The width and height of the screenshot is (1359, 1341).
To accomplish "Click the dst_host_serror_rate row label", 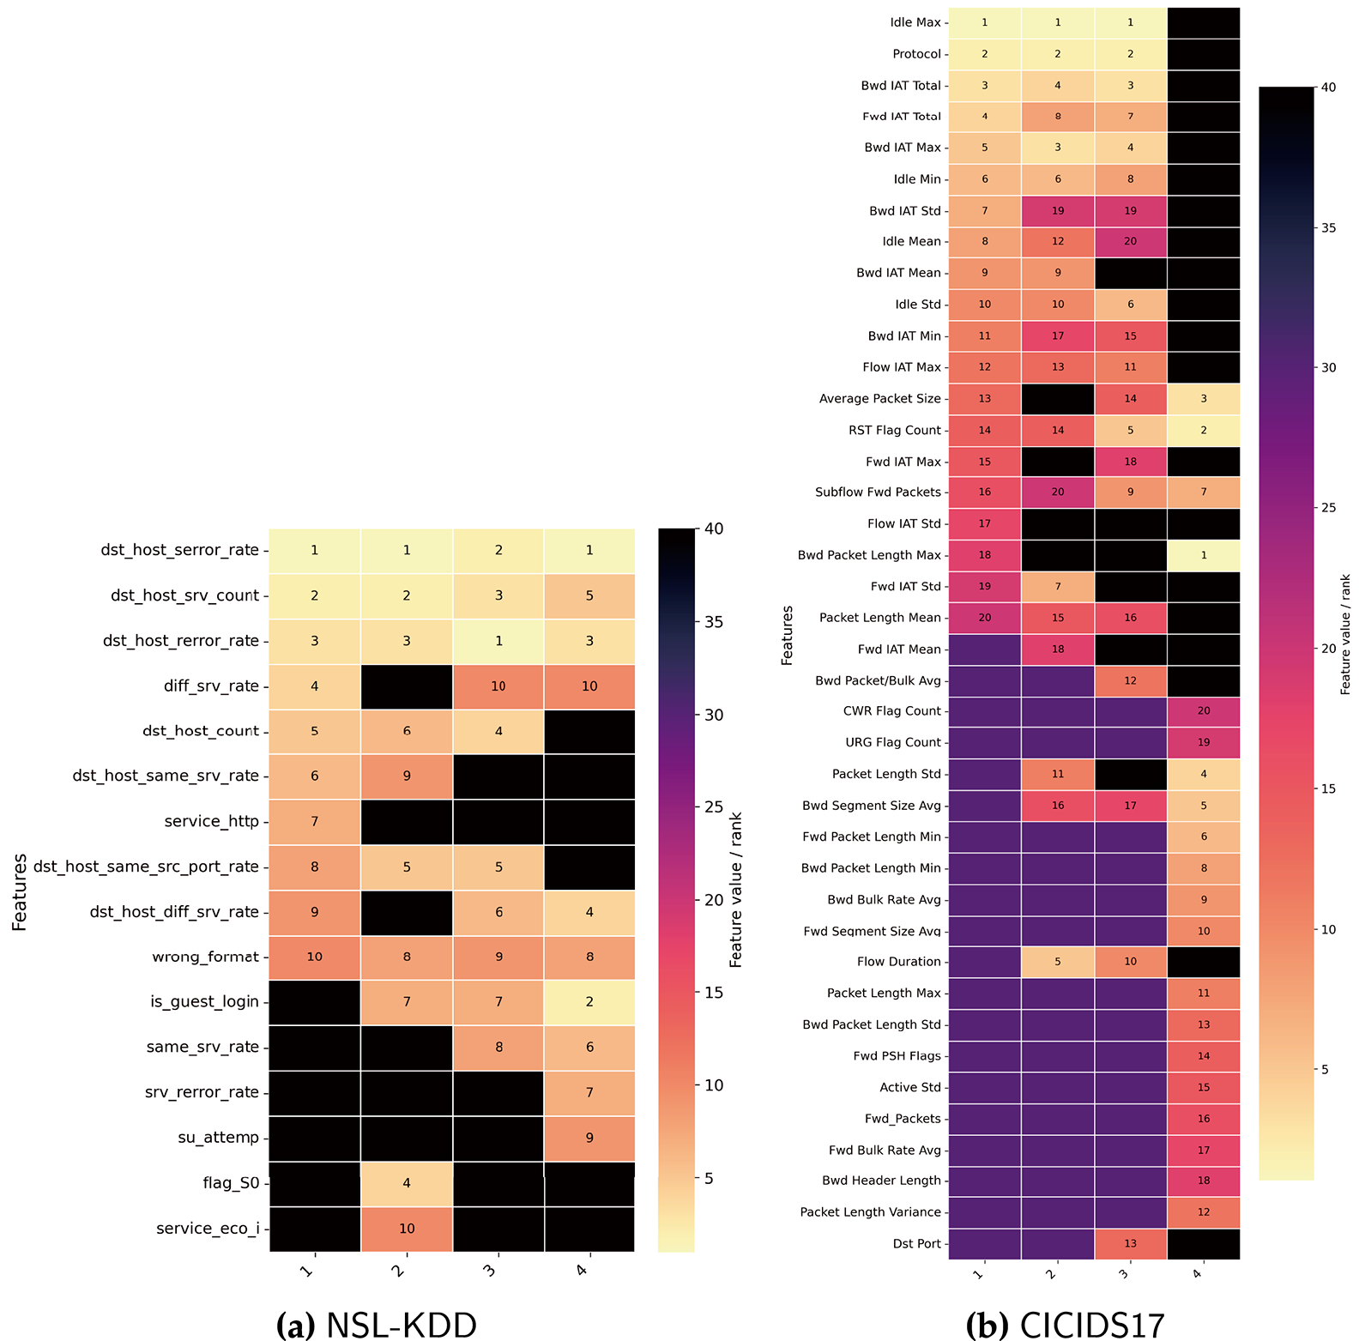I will coord(179,550).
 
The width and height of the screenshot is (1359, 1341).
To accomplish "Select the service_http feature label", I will coord(211,821).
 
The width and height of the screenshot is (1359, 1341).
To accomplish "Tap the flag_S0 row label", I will coord(231,1183).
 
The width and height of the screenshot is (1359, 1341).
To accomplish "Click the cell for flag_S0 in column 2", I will coord(407,1183).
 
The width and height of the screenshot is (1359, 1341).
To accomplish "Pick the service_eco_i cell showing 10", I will coord(407,1229).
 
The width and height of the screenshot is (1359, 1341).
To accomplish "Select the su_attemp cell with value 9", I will coord(589,1138).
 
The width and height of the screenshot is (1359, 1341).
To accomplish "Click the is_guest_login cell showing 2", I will coord(589,1002).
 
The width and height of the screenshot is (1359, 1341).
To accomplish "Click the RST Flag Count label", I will coord(894,430).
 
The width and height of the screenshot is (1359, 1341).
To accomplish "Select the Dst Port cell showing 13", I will coord(1130,1243).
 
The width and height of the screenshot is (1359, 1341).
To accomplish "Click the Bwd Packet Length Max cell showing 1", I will coord(1203,555).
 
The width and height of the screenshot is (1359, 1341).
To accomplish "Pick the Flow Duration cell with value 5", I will coord(1057,962).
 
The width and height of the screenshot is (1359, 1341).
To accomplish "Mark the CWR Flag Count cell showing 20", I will coord(1203,711).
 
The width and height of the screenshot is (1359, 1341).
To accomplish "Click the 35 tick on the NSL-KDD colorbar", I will coord(714,622).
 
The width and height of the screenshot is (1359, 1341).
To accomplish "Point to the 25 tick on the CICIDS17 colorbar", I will coord(1328,508).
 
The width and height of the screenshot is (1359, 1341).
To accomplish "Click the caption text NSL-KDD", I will coord(401,1325).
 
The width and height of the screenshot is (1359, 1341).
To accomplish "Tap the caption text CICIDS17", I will coord(1091,1325).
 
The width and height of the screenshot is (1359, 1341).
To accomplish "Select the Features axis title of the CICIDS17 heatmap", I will coord(787,635).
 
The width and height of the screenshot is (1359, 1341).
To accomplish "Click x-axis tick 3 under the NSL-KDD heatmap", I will coord(490,1269).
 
